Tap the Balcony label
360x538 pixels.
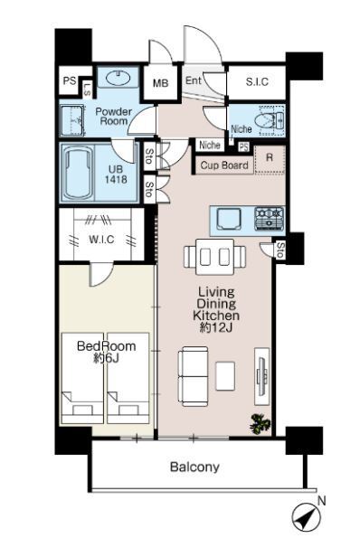tap(194, 467)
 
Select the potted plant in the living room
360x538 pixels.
tap(261, 424)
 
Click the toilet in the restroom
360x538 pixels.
tap(269, 120)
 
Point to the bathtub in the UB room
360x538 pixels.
tap(79, 174)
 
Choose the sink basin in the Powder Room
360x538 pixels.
tap(118, 78)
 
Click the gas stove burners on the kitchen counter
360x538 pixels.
tap(270, 219)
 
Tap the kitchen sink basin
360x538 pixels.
tap(229, 219)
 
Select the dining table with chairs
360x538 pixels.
tap(215, 256)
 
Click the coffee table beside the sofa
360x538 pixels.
tap(225, 376)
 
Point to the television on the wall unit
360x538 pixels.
tap(262, 376)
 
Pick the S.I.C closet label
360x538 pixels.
tap(257, 81)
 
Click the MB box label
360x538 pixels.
tap(161, 83)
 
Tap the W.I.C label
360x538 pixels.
tap(101, 239)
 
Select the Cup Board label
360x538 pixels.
tap(224, 165)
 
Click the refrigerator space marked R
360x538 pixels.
tap(270, 160)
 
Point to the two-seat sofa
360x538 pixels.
tap(193, 376)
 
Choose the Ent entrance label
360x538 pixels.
tap(194, 80)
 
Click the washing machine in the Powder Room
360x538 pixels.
tap(72, 120)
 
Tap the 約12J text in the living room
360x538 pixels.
tap(216, 328)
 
